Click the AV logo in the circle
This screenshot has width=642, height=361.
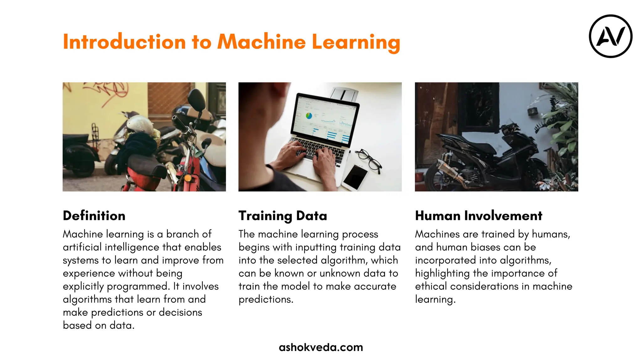[x=610, y=36]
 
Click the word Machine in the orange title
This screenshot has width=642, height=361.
[x=261, y=42]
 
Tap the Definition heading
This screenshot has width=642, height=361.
[x=94, y=216]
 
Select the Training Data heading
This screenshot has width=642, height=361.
[x=282, y=216]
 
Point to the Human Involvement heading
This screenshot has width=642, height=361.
[x=478, y=216]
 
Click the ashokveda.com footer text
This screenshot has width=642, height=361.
[x=321, y=347]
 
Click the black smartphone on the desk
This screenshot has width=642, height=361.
[x=355, y=177]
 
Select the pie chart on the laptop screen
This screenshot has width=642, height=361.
[x=309, y=116]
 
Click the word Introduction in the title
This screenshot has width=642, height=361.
[x=124, y=42]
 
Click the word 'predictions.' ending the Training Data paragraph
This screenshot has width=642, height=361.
[x=266, y=299]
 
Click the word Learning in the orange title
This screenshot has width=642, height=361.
[x=356, y=42]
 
